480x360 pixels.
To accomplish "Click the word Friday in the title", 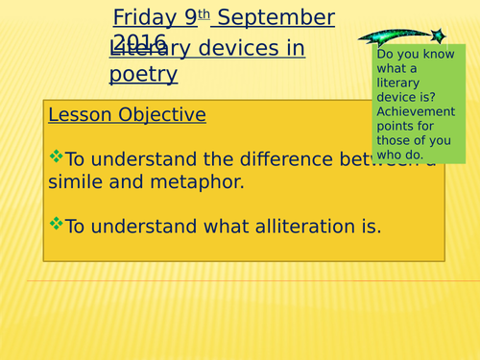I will [140, 18].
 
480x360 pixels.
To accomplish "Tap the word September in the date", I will [279, 18].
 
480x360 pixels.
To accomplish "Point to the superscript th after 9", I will [204, 14].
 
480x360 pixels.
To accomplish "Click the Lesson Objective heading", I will [127, 115].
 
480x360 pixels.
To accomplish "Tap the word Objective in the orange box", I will [162, 115].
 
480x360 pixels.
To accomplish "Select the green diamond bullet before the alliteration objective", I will [56, 225].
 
